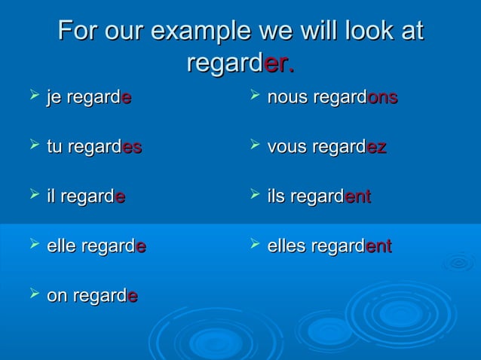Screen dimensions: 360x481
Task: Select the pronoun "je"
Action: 54,98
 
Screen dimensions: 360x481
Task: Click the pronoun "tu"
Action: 54,148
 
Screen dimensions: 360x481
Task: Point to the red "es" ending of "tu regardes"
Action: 131,148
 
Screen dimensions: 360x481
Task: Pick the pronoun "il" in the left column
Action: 51,197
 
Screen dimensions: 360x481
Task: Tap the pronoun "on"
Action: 57,297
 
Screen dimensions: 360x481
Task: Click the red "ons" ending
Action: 381,98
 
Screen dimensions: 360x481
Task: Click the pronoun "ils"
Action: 277,197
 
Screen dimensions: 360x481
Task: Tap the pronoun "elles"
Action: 287,246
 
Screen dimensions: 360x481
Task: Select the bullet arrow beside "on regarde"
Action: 32,294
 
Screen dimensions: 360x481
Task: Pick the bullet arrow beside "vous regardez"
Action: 254,145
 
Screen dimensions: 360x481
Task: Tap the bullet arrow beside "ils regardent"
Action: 254,195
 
